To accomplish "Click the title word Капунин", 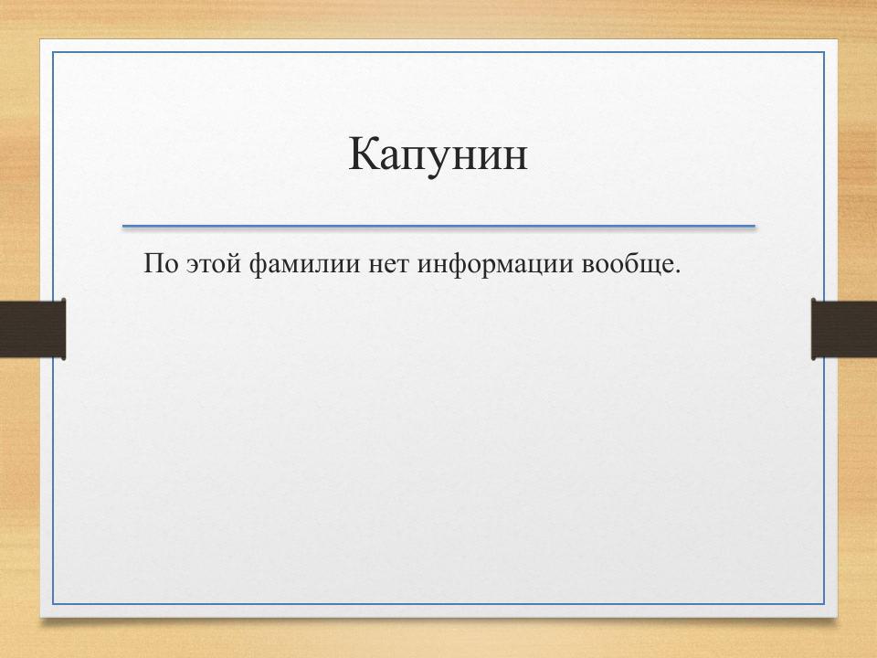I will tap(438, 154).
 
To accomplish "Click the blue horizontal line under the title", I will tap(438, 226).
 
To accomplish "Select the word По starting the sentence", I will tap(160, 265).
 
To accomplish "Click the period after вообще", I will tap(679, 272).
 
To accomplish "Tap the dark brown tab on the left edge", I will tap(33, 329).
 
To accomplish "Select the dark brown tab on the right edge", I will tap(844, 329).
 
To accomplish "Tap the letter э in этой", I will tap(192, 267).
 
